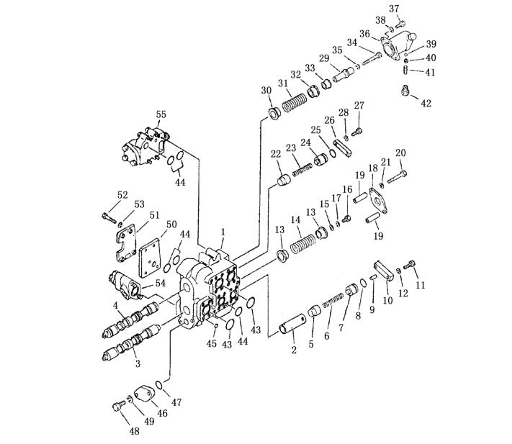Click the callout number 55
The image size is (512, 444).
pos(161,114)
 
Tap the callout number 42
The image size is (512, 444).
pos(426,104)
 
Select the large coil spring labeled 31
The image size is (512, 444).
pos(295,102)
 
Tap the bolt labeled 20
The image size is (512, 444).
pos(397,176)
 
